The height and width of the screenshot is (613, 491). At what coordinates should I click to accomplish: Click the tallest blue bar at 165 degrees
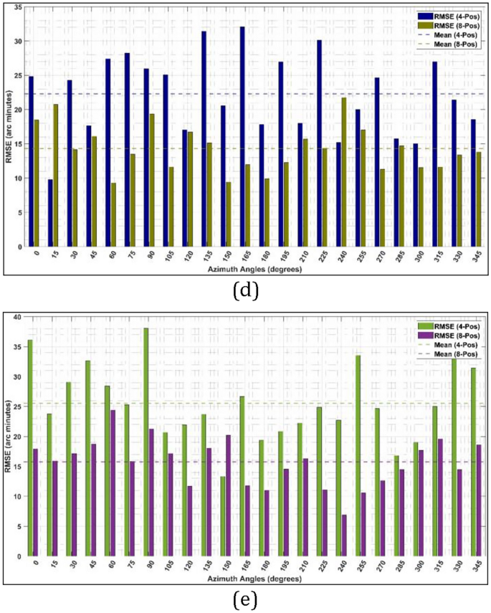[x=242, y=136]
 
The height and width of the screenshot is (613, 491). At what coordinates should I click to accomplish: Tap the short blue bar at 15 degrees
[x=50, y=212]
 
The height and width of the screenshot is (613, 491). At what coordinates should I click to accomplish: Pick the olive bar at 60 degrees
[x=113, y=214]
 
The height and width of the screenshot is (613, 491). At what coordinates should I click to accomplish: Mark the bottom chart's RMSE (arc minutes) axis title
[x=7, y=434]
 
